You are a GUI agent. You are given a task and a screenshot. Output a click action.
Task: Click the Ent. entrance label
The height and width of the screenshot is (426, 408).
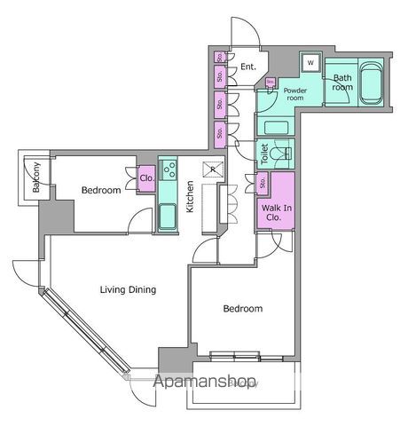pyautogui.click(x=248, y=67)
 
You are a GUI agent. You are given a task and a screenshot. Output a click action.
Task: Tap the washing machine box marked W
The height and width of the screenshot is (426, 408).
pyautogui.click(x=310, y=63)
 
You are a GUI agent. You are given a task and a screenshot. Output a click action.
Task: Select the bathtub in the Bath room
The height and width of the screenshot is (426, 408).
pyautogui.click(x=366, y=86)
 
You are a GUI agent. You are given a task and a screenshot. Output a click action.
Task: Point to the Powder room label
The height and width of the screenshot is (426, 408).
pyautogui.click(x=294, y=93)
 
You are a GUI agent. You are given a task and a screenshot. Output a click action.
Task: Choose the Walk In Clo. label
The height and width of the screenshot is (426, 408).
pyautogui.click(x=273, y=211)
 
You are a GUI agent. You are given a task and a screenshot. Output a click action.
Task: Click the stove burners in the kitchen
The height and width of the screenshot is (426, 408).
pyautogui.click(x=169, y=168)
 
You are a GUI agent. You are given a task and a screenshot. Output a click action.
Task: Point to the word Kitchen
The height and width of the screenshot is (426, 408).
pyautogui.click(x=190, y=197)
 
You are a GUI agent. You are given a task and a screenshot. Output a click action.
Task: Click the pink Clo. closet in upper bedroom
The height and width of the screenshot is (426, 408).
pyautogui.click(x=146, y=177)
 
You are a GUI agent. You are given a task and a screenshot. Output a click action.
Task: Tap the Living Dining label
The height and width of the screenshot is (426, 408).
pyautogui.click(x=128, y=289)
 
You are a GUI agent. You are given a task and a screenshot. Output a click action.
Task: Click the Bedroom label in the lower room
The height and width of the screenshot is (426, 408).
pyautogui.click(x=242, y=309)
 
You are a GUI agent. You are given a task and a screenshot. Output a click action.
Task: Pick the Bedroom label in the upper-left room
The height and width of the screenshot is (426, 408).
pyautogui.click(x=100, y=190)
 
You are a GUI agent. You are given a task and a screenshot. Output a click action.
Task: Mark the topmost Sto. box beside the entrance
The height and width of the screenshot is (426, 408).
pyautogui.click(x=219, y=58)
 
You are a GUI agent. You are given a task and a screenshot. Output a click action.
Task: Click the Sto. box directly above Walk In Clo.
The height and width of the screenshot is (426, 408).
pyautogui.click(x=263, y=184)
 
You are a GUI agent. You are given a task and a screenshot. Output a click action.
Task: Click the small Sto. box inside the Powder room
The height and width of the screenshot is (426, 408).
pyautogui.click(x=270, y=83)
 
